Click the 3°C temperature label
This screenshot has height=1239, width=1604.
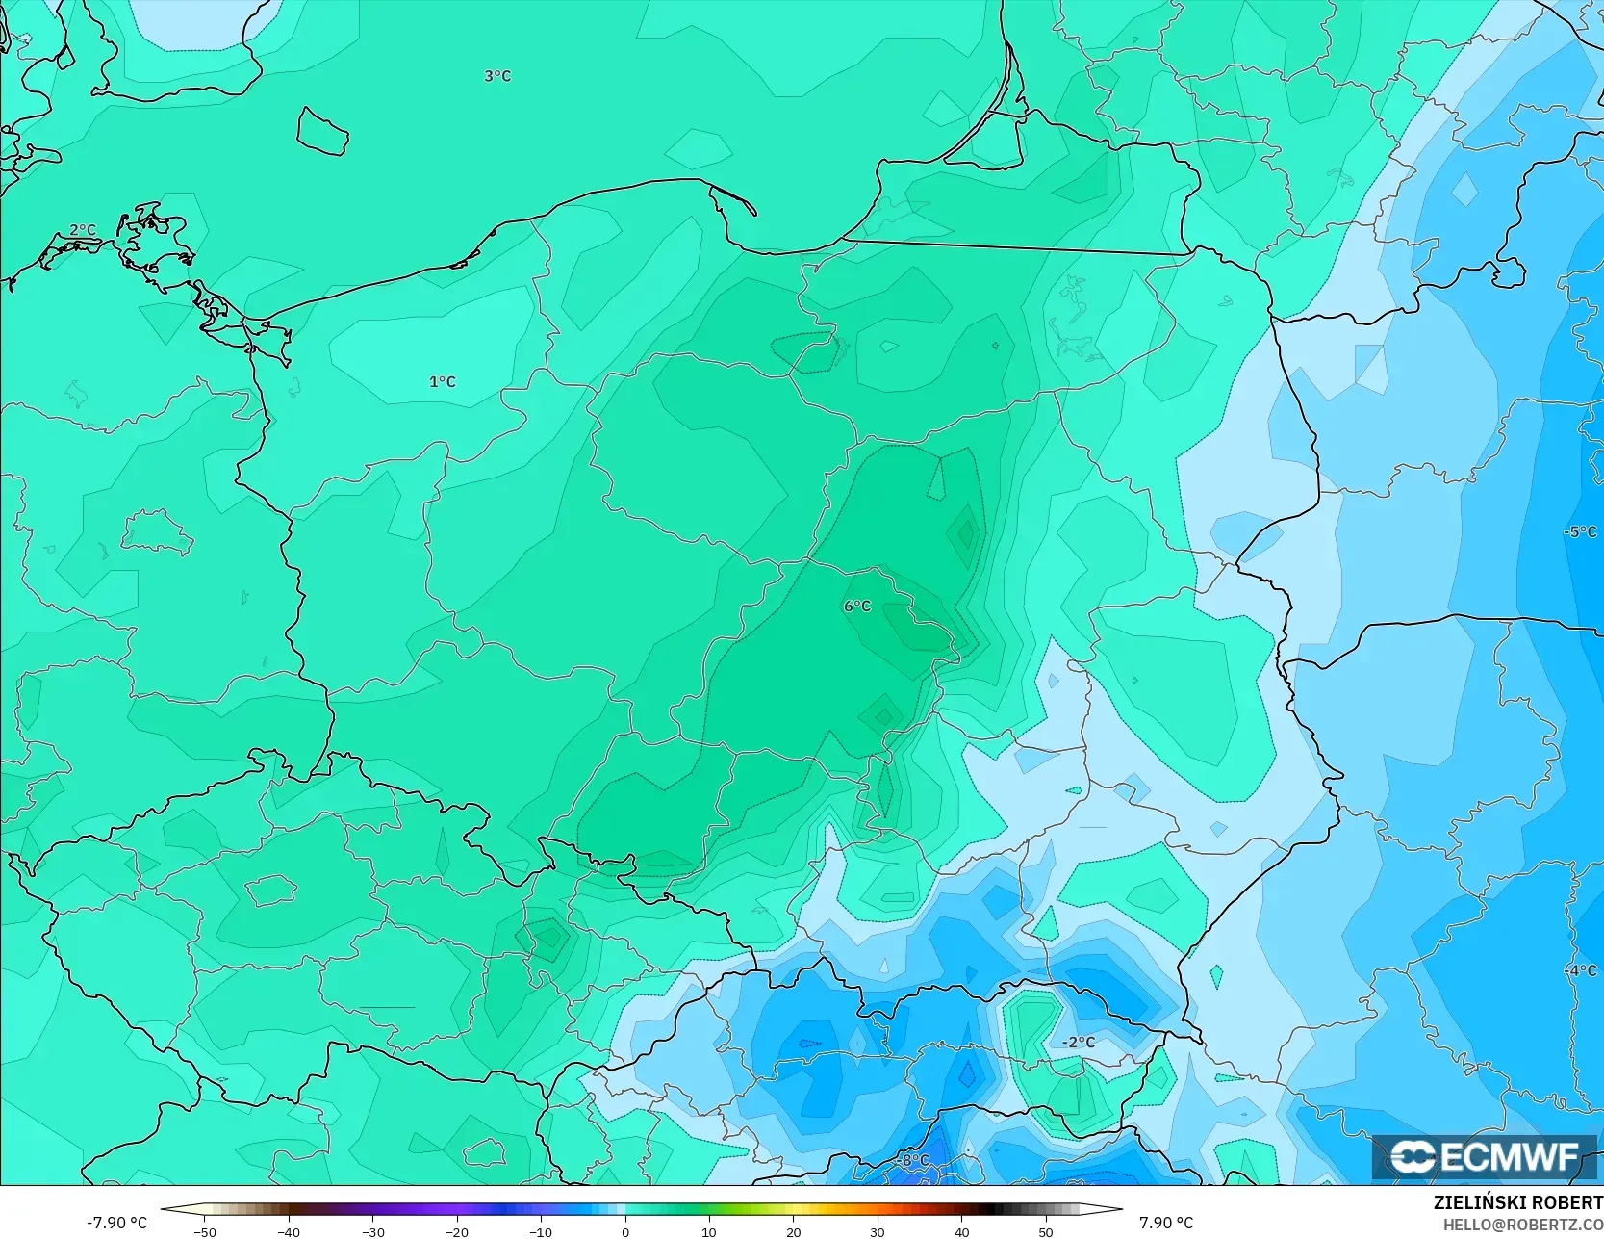pyautogui.click(x=497, y=76)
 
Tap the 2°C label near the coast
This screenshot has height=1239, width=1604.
pyautogui.click(x=83, y=230)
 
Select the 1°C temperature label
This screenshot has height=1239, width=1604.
pyautogui.click(x=443, y=382)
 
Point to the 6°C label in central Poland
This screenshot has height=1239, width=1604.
pyautogui.click(x=857, y=607)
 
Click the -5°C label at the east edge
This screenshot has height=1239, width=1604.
pyautogui.click(x=1580, y=531)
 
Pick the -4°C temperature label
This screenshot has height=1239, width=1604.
pyautogui.click(x=1580, y=970)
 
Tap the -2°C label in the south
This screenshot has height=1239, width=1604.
pyautogui.click(x=1079, y=1043)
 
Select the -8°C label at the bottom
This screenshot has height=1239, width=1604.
pyautogui.click(x=913, y=1161)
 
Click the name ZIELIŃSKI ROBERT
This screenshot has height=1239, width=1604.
pyautogui.click(x=1517, y=1203)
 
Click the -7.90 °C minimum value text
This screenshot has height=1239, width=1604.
pyautogui.click(x=116, y=1223)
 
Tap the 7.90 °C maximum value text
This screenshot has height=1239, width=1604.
pyautogui.click(x=1166, y=1223)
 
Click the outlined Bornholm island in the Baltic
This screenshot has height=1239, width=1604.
pyautogui.click(x=321, y=131)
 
